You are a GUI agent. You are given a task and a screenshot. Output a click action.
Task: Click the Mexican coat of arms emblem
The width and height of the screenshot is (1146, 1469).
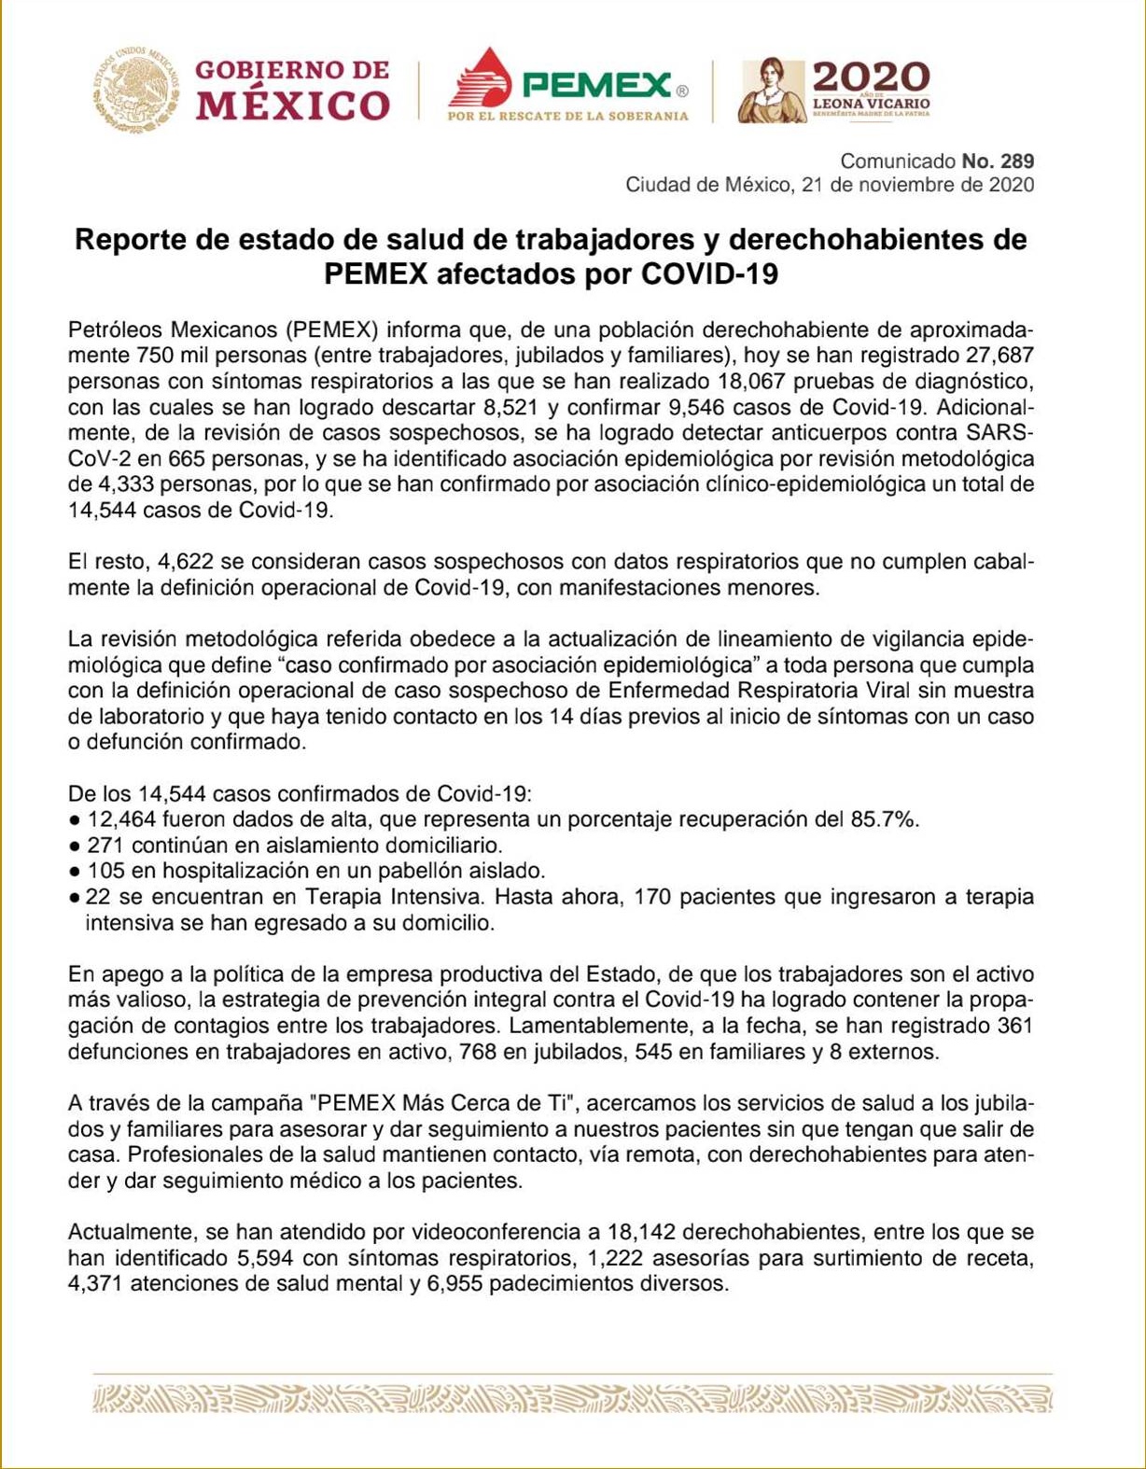[136, 91]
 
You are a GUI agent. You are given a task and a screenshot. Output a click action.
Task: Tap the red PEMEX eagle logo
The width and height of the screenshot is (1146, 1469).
[481, 79]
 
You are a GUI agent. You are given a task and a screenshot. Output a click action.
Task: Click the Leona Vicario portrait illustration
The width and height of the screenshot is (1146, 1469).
[772, 91]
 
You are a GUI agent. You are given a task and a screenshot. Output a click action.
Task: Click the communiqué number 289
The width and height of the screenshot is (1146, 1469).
[1016, 161]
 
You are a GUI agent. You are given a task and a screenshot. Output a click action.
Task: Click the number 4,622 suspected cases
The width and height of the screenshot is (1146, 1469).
[187, 562]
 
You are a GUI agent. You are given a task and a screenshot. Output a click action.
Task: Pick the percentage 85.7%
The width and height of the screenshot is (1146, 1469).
[885, 819]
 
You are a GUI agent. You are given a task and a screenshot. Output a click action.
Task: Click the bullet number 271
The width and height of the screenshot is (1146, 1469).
[106, 846]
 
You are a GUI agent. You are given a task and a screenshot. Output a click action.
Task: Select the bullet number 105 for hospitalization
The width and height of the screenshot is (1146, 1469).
[106, 871]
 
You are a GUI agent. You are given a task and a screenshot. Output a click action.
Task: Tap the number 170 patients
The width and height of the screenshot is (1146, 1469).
[652, 897]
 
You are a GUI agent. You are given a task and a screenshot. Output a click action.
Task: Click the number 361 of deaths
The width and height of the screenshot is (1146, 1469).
[1014, 1026]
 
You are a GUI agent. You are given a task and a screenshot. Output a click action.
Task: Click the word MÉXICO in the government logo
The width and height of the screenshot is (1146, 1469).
[292, 105]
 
